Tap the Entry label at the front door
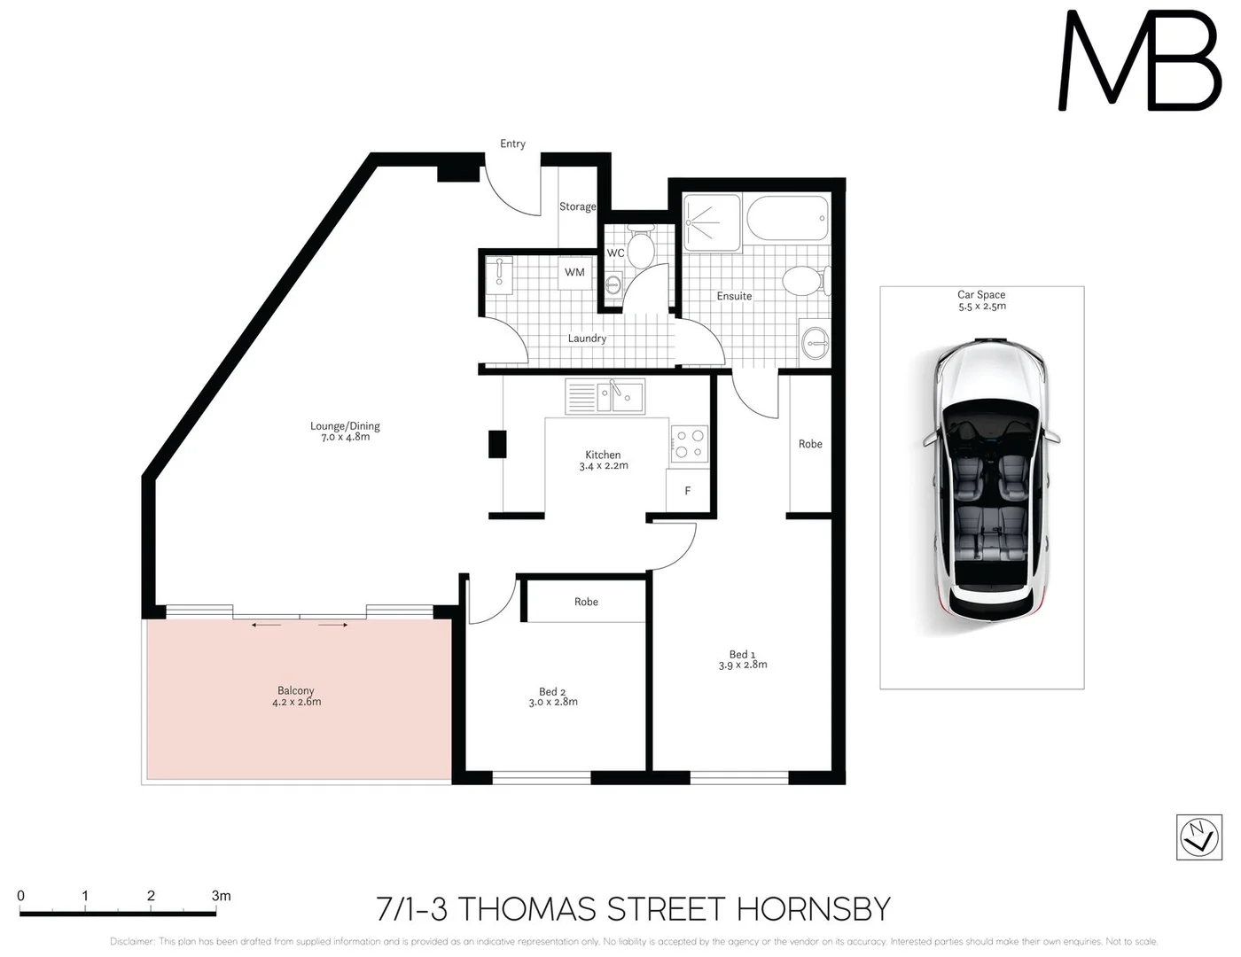coord(512,144)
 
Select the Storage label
coord(577,206)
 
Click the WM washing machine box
coord(574,273)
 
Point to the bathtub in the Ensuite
coord(788,218)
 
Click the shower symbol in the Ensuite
coord(711,222)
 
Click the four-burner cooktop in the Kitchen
coord(690,445)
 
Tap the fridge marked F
coord(688,491)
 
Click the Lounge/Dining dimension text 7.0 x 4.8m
coord(345,437)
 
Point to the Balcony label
coord(296,690)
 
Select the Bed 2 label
coord(552,691)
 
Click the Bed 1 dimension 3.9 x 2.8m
coord(743,665)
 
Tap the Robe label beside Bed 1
coord(810,444)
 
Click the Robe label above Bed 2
coord(586,602)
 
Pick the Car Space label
coord(981,294)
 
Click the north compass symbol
coord(1198,836)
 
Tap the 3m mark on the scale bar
coord(221,897)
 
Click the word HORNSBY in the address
coord(813,909)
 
